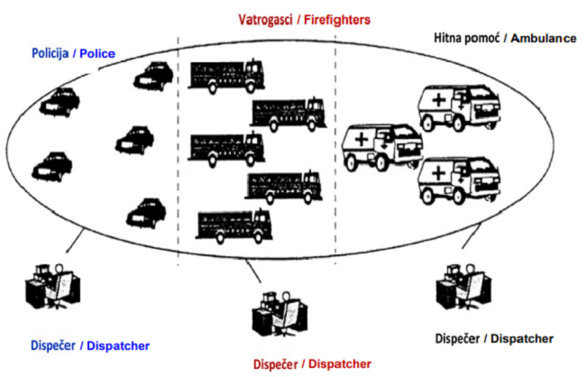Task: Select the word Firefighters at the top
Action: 337,19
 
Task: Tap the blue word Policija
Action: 53,54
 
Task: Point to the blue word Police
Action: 98,54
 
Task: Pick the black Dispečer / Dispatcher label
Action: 494,339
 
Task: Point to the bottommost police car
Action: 147,212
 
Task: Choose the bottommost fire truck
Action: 233,225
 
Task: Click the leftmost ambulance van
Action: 382,146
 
